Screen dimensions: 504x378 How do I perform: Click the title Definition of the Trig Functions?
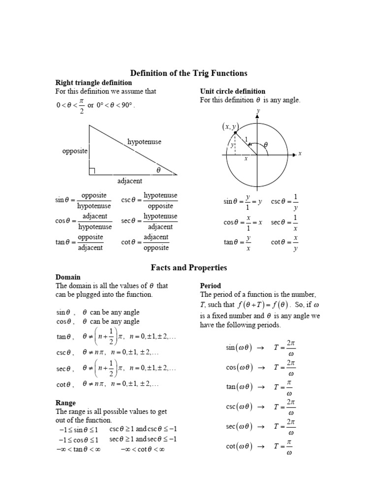[189, 73]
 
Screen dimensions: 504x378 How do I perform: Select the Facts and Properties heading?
[189, 267]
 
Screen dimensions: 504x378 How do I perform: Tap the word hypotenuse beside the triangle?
[144, 142]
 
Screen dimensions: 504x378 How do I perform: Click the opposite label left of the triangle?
[75, 151]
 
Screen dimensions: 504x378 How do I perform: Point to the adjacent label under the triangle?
[130, 181]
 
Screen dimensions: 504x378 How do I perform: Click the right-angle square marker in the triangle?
[92, 171]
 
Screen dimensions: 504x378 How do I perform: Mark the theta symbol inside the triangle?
[158, 170]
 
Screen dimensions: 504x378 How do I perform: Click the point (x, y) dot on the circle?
[235, 133]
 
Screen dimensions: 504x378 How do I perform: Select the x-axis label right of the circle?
[299, 154]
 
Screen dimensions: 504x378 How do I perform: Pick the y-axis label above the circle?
[257, 112]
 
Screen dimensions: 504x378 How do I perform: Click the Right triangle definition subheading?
[94, 82]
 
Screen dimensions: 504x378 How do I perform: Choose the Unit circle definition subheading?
[232, 91]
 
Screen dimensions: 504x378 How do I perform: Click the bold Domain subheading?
[68, 277]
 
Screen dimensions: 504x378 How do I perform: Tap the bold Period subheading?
[210, 285]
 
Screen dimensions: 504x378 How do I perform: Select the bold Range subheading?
[66, 403]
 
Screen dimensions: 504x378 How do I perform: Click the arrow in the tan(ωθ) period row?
[261, 387]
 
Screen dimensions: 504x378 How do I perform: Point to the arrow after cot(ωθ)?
[261, 446]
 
